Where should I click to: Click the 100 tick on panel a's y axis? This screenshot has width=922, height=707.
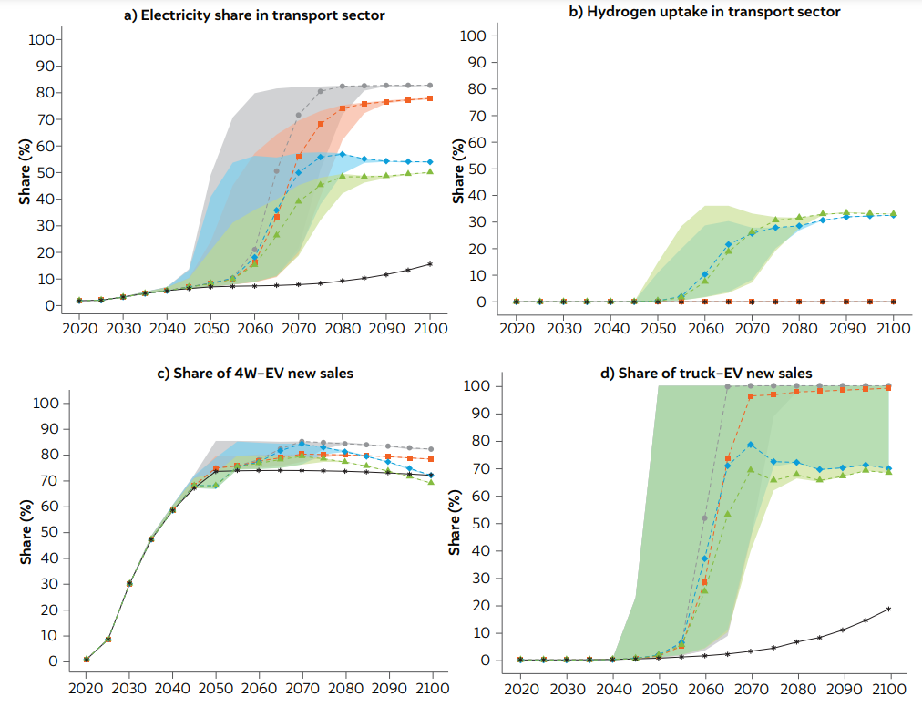tap(41, 39)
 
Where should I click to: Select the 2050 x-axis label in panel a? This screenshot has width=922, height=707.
tap(210, 327)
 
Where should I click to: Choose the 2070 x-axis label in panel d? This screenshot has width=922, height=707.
tap(751, 686)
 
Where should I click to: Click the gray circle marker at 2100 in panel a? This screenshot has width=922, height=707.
tap(430, 85)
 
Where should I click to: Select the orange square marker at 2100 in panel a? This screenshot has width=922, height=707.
tap(430, 98)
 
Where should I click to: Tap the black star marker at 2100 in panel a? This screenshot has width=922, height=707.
tap(430, 264)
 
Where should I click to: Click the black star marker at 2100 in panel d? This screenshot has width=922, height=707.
tap(888, 609)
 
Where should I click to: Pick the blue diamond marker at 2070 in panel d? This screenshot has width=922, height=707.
tap(750, 445)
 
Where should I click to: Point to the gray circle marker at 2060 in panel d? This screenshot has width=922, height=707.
tap(703, 517)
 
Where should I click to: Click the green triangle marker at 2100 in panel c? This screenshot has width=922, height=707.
tap(430, 482)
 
